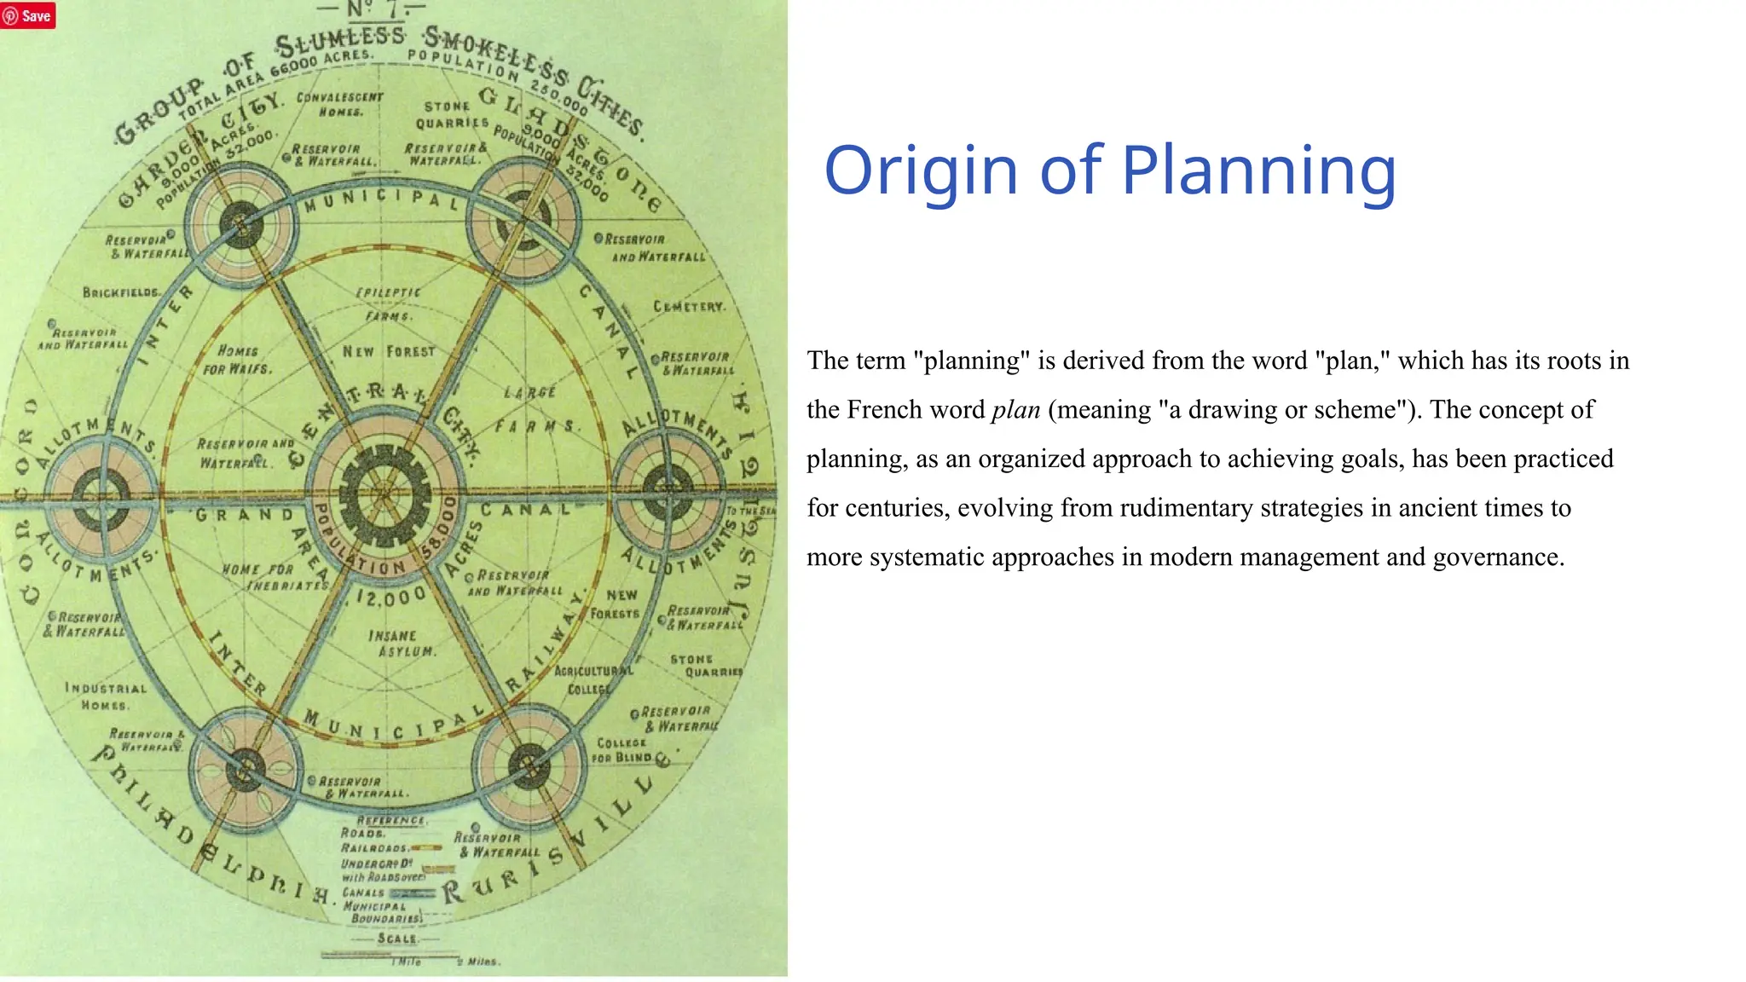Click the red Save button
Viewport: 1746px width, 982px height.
[x=28, y=15]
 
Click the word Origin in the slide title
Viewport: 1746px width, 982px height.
[x=921, y=171]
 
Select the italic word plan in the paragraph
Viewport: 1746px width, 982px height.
[x=1015, y=410]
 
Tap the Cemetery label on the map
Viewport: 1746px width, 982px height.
[x=689, y=306]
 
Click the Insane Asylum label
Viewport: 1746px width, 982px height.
[x=393, y=644]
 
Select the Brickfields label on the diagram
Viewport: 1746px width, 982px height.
[x=120, y=292]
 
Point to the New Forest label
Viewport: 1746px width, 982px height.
[x=389, y=351]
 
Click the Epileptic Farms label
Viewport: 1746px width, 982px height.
[x=389, y=303]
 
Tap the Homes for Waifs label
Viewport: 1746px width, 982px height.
[x=237, y=360]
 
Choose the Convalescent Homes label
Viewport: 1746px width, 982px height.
[x=340, y=104]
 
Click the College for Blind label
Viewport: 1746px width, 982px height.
[x=622, y=750]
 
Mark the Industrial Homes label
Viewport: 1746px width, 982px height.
[x=106, y=696]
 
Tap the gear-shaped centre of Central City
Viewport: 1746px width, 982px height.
[x=384, y=494]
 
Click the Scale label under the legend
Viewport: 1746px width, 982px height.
[x=397, y=939]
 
